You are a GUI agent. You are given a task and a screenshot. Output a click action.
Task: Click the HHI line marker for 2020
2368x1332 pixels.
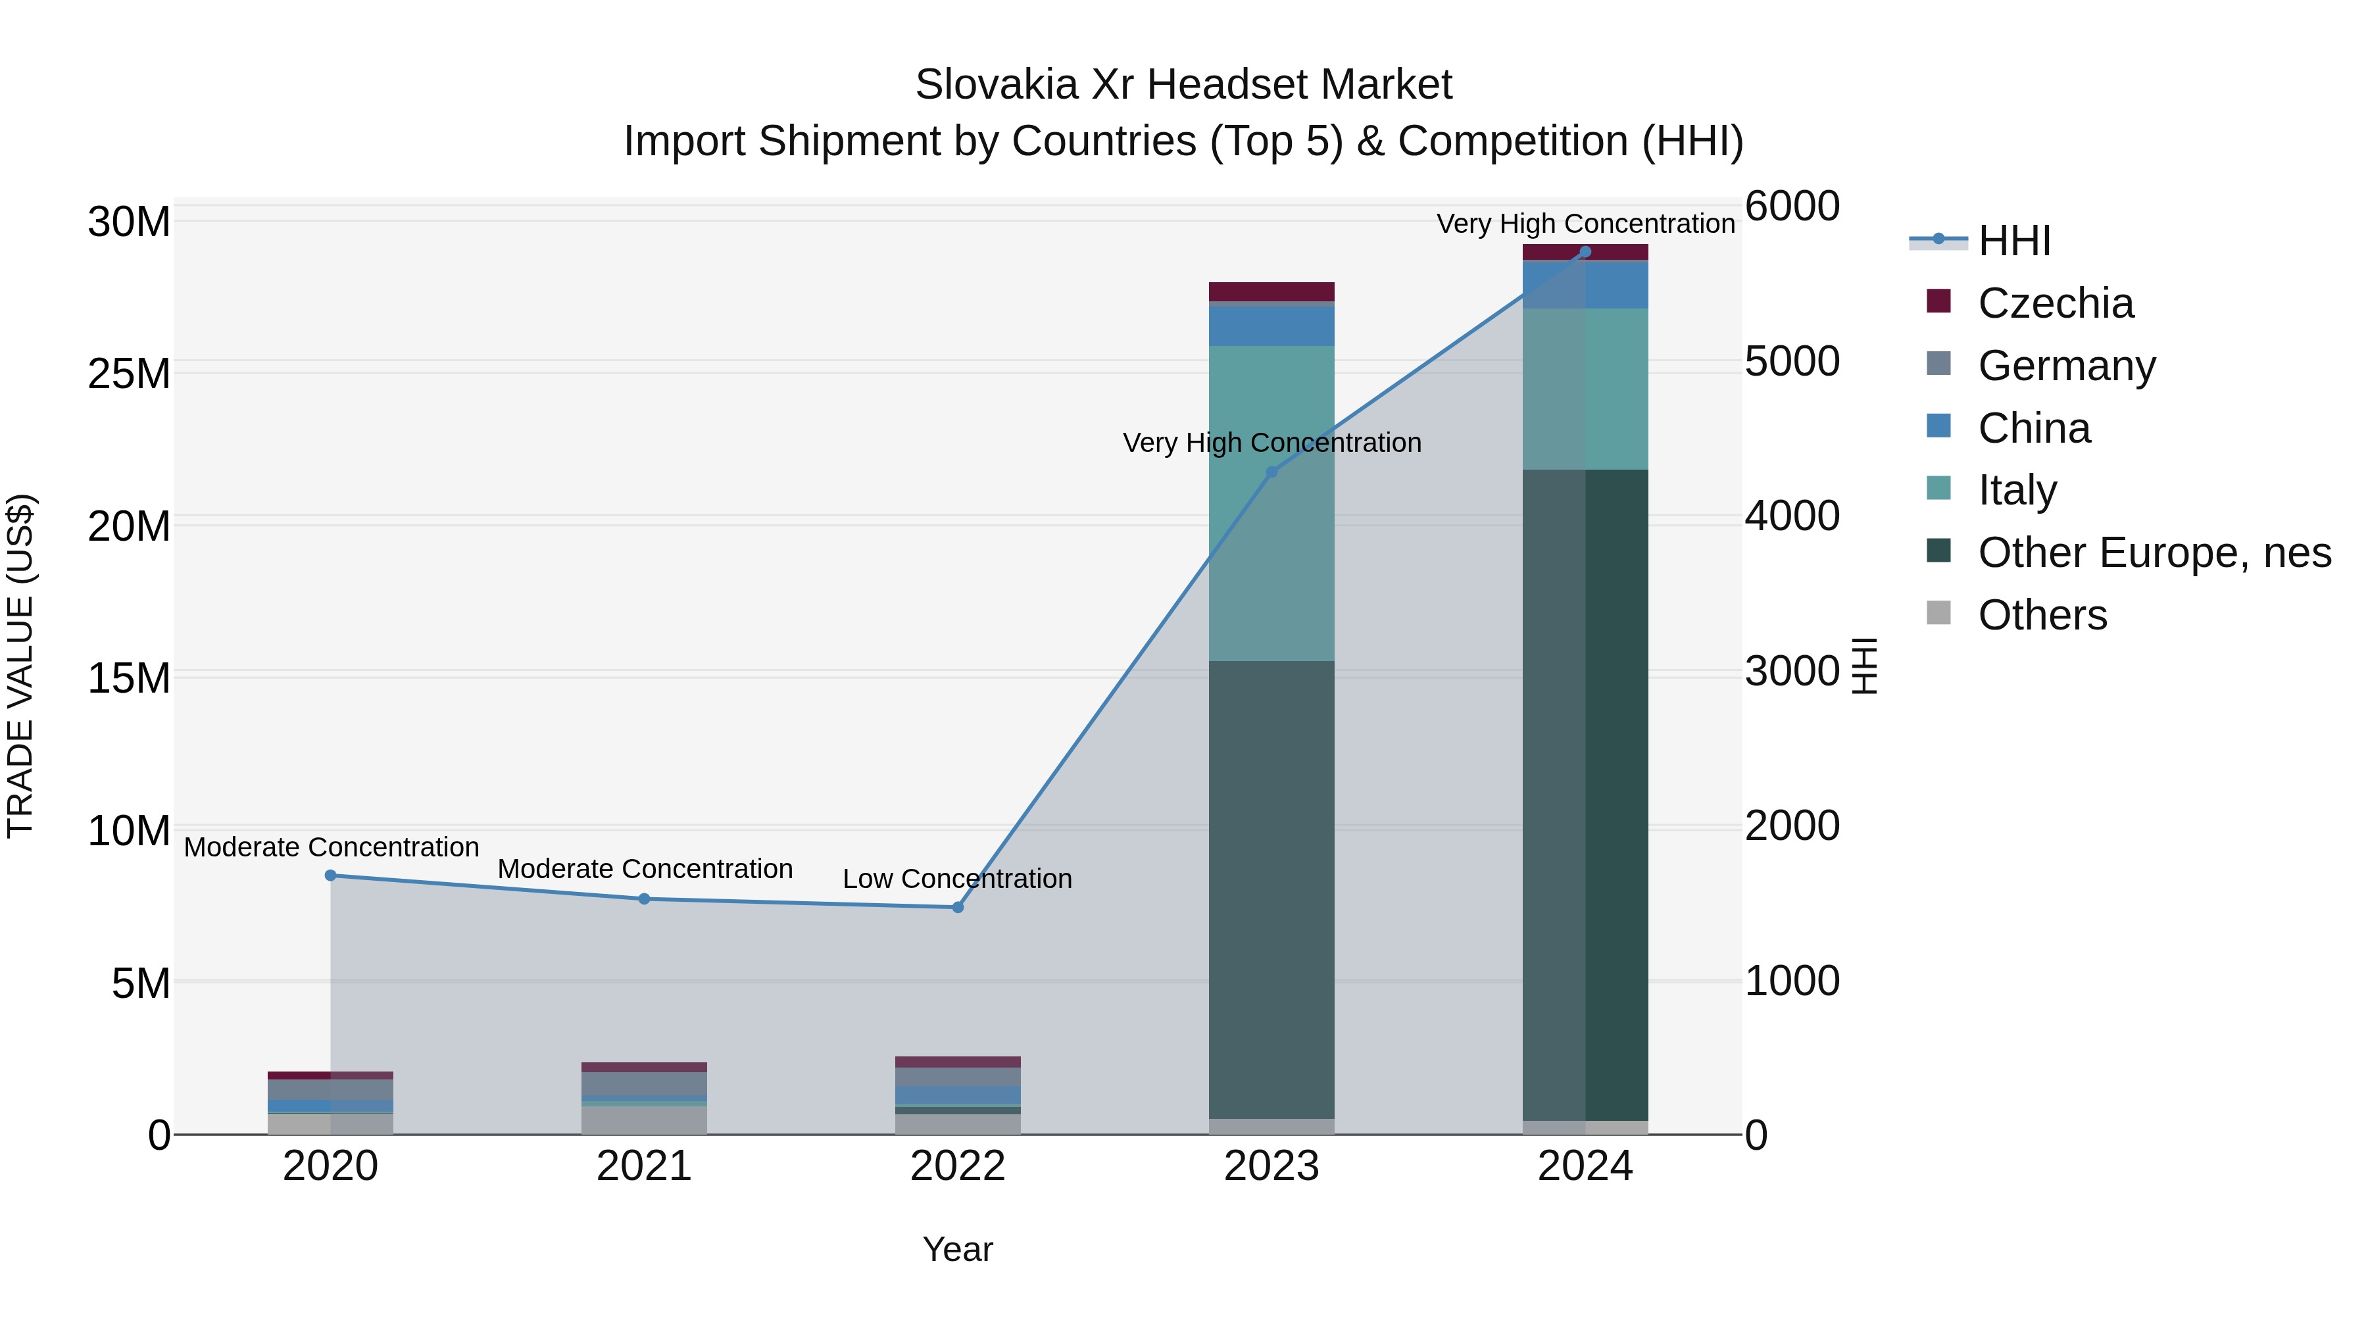point(331,875)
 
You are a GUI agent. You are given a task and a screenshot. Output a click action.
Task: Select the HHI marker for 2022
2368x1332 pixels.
point(958,907)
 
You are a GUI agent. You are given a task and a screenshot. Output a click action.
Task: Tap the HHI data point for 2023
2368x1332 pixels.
point(1272,472)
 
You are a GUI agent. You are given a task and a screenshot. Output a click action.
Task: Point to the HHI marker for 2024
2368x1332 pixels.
point(1585,252)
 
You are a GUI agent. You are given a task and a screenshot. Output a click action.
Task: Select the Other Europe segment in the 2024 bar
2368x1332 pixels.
point(1585,795)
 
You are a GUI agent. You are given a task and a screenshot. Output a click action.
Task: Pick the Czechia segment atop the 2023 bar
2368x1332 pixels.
point(1271,291)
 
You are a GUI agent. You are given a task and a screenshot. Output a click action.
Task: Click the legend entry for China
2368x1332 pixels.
point(2033,428)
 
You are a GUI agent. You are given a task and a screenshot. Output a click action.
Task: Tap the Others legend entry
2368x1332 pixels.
point(2042,615)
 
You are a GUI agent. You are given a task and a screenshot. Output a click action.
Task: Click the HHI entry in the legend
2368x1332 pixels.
point(2013,241)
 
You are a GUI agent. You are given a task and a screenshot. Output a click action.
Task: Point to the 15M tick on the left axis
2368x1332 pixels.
point(129,678)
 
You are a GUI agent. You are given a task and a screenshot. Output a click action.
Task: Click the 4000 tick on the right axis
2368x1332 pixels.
point(1792,516)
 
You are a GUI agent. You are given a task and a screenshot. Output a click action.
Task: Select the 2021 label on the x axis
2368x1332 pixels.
point(643,1166)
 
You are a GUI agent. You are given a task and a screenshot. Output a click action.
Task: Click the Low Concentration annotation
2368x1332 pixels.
point(957,879)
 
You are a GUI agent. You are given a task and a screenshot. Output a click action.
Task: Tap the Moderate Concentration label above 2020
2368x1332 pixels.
point(331,847)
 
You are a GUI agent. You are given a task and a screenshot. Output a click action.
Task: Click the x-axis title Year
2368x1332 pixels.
point(957,1249)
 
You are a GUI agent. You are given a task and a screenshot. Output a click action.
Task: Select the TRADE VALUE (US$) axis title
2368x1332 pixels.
point(20,666)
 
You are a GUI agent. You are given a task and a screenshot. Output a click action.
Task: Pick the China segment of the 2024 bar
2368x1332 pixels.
point(1585,285)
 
